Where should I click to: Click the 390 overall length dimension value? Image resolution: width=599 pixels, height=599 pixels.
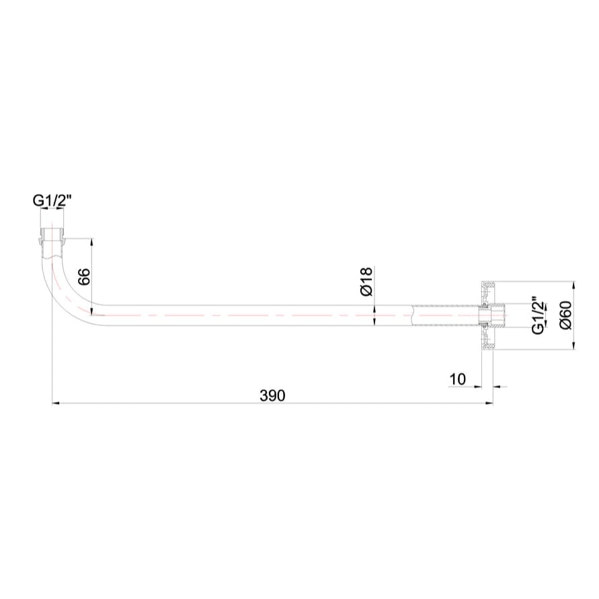[272, 395]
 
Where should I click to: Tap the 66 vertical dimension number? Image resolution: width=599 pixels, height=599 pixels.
[84, 276]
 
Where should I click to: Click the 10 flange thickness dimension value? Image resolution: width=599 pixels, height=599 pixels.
[457, 378]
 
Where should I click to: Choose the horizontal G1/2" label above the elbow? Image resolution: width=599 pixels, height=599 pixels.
[52, 200]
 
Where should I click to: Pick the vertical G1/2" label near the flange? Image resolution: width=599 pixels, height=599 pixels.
[538, 315]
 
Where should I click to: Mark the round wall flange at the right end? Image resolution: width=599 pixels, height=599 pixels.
[487, 315]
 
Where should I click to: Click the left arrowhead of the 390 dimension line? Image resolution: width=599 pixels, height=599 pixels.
[56, 403]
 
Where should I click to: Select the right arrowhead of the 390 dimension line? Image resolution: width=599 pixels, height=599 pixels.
[489, 403]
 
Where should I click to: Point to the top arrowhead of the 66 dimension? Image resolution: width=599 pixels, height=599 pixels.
[91, 242]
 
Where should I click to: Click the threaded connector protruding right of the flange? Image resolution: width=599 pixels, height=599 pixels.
[500, 315]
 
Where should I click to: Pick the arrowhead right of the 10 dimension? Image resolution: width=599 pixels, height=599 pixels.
[497, 387]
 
